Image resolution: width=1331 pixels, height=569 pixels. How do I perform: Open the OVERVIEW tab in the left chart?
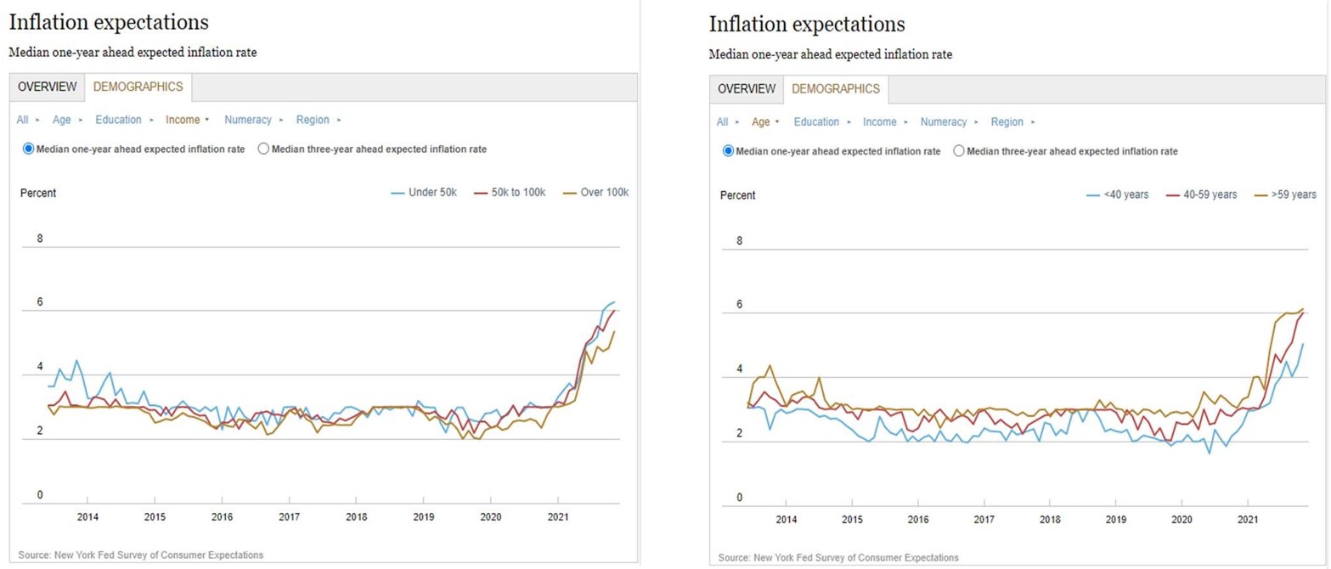48,87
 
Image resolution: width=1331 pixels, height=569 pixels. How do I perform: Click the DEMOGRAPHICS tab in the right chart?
835,88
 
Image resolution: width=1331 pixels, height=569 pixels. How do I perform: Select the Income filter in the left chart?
183,120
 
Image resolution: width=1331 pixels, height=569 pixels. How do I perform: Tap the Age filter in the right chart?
761,121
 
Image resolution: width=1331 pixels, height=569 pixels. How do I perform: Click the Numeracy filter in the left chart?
248,120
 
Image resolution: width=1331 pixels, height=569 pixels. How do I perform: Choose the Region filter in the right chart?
1007,121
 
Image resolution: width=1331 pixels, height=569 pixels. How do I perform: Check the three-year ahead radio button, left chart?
263,149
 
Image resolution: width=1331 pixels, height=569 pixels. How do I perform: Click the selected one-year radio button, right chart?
728,151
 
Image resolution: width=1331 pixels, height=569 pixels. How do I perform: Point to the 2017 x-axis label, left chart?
289,515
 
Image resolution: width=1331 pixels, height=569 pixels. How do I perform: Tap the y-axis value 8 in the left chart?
40,239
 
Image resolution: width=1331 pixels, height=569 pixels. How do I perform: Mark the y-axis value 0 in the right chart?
739,498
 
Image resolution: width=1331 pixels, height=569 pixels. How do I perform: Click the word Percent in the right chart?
738,194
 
